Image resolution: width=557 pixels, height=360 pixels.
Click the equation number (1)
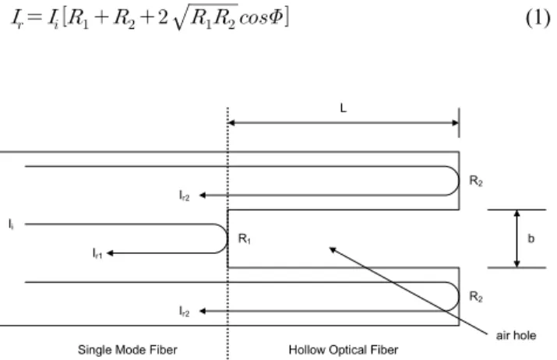point(538,18)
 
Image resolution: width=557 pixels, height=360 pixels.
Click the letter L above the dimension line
point(343,108)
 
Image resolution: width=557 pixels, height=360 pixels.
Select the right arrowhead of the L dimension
point(455,123)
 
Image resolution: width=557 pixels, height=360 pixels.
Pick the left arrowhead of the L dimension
point(231,123)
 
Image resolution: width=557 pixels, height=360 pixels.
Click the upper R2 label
point(476,181)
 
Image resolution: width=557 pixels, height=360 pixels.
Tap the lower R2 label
point(476,296)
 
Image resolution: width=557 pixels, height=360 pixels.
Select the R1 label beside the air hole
point(245,238)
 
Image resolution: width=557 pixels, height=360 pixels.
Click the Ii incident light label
point(12,224)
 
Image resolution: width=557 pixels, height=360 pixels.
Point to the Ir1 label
point(97,253)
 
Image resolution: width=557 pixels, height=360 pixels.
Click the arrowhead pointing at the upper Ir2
point(203,195)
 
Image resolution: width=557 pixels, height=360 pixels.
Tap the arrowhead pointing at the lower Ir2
point(203,311)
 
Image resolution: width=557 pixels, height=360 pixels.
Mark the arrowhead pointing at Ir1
point(110,253)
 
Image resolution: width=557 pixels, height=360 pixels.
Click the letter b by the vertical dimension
point(531,238)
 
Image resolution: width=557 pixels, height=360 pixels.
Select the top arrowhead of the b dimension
point(517,214)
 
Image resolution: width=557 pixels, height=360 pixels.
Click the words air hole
point(516,336)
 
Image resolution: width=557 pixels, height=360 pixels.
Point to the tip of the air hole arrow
point(330,248)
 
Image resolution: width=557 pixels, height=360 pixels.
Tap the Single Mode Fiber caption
point(128,350)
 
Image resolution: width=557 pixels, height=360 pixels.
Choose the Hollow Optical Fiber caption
point(343,350)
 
